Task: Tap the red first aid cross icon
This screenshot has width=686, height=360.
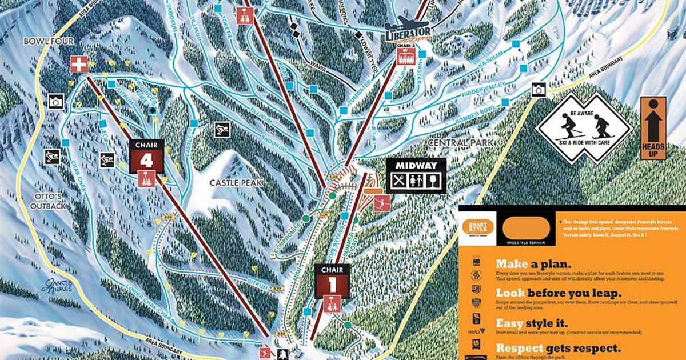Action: pos(78,64)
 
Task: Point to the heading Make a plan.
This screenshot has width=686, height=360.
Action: pos(533,265)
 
